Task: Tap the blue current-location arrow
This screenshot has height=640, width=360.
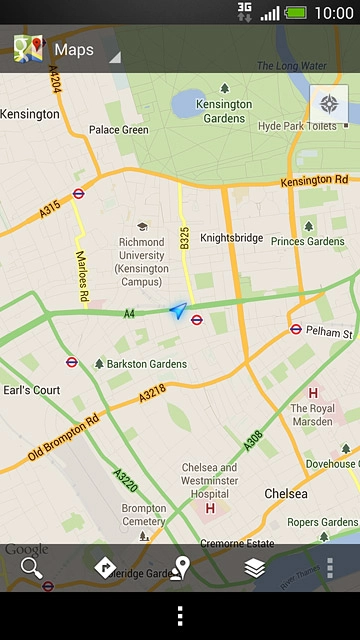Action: pos(178,312)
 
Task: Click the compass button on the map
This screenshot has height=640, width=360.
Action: pos(328,104)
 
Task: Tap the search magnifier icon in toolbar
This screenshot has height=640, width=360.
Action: pos(32,568)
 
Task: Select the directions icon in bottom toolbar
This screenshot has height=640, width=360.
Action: pos(105,568)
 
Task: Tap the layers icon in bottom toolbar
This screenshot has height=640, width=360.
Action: pos(255,568)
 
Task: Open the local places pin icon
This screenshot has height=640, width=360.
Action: pos(180,568)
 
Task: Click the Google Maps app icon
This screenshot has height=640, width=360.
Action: pos(28,49)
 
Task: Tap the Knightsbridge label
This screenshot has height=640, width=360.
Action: pos(231,239)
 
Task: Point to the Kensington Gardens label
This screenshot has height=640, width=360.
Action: pos(224,111)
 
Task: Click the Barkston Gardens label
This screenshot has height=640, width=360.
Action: pos(146,364)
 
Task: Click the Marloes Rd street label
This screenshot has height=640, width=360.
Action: pos(81,271)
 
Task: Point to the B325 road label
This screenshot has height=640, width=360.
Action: pos(184,237)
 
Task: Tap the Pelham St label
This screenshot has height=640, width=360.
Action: pos(329,332)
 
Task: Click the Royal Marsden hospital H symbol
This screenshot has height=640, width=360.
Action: pos(313,393)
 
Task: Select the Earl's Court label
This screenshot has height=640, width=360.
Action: pos(31,390)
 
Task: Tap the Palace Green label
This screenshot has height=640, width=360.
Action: pos(118,130)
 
